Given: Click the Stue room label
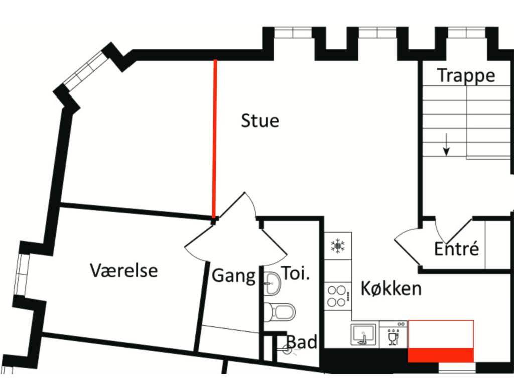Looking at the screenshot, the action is (x=260, y=121).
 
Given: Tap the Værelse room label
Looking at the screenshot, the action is (x=123, y=271).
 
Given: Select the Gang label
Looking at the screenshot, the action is (x=234, y=276).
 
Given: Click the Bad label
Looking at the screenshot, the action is (x=302, y=342).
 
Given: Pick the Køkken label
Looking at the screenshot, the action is (x=391, y=289).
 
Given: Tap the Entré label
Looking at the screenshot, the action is (x=456, y=248).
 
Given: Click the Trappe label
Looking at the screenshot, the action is (x=466, y=76).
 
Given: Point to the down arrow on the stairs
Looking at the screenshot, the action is (x=446, y=144).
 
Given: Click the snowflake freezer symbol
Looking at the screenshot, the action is (x=338, y=246).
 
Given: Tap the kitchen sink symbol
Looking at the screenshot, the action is (x=363, y=334).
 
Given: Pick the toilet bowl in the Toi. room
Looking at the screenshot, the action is (x=280, y=312).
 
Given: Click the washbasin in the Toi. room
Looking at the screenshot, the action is (x=272, y=283).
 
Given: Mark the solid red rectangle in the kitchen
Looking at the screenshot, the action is (x=441, y=355).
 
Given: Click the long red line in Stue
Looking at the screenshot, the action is (x=215, y=139).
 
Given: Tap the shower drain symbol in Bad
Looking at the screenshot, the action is (x=288, y=350).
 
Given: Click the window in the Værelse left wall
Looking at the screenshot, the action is (x=22, y=274).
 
